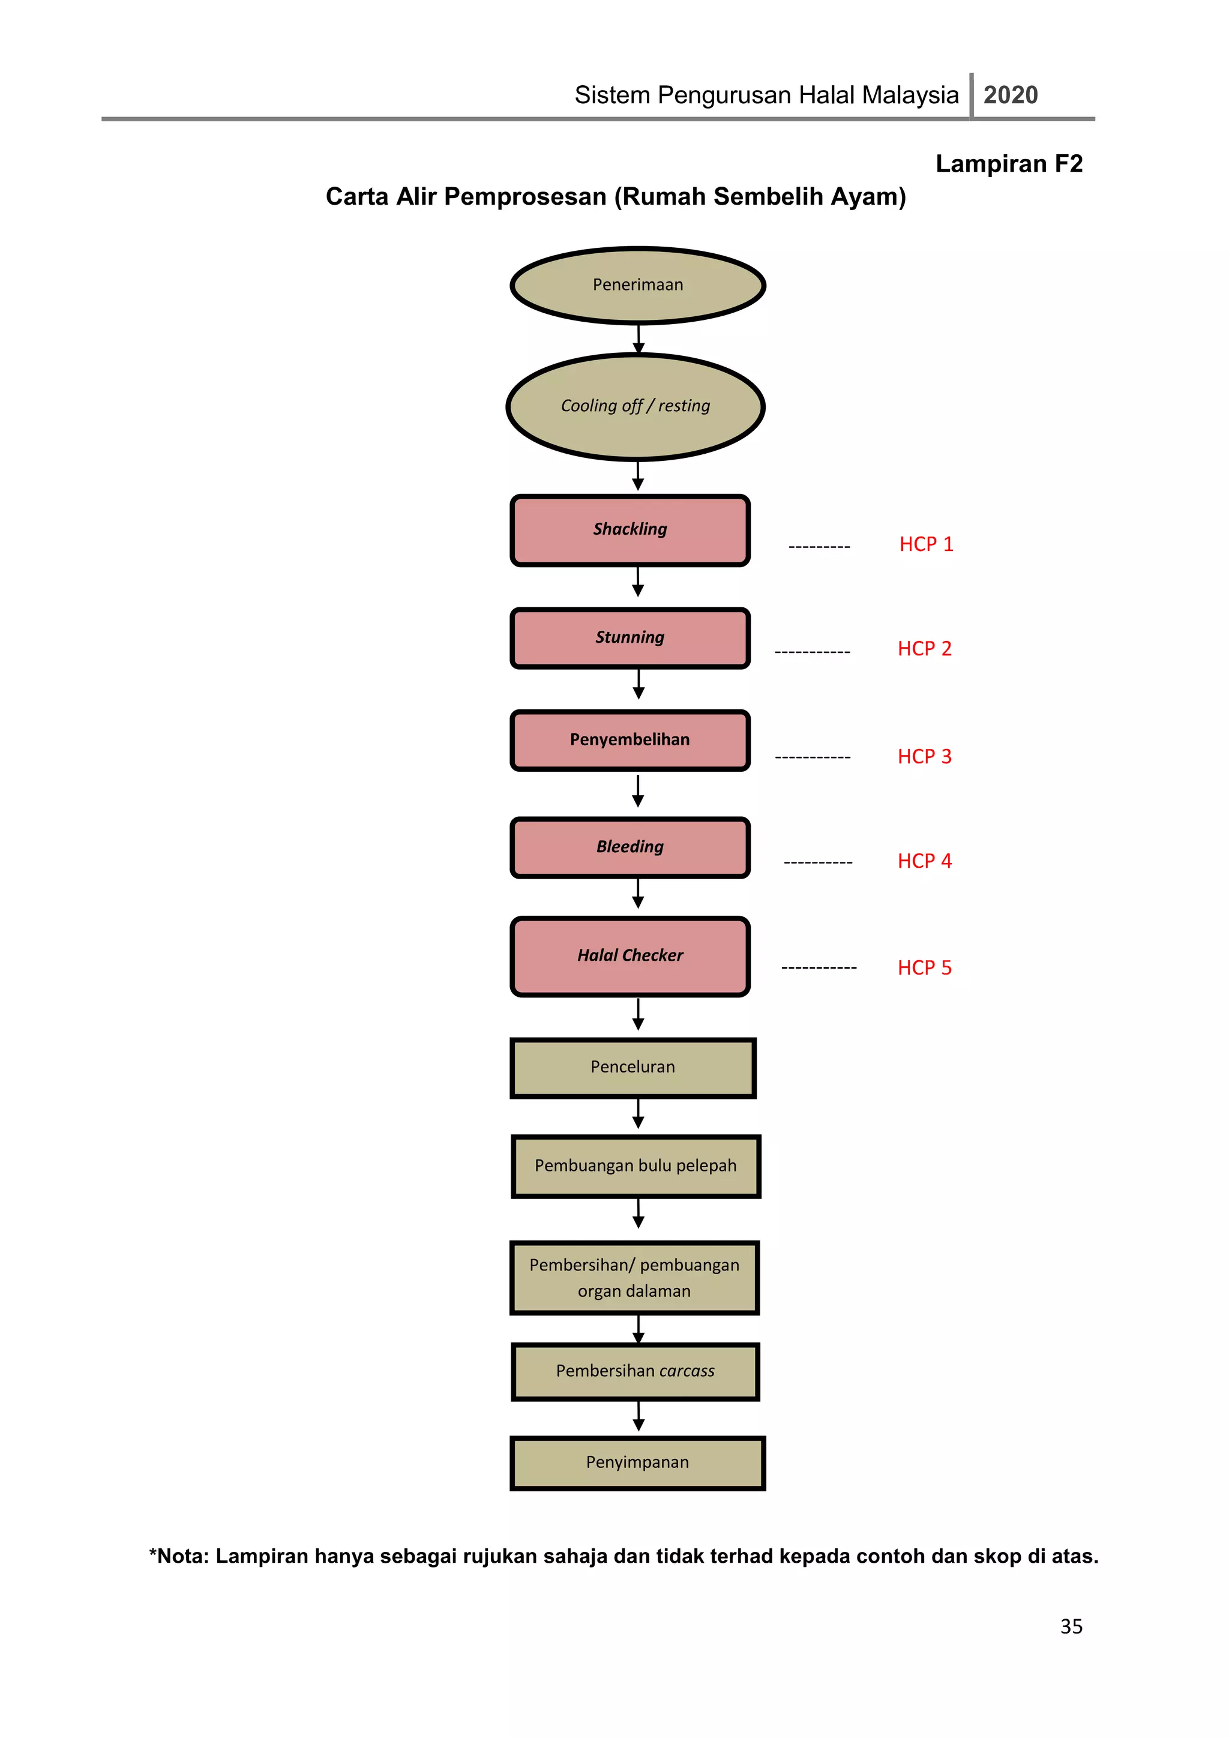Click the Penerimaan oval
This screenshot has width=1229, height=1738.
tap(638, 286)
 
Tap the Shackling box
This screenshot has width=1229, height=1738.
tap(630, 530)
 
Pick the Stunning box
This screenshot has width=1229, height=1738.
tap(630, 638)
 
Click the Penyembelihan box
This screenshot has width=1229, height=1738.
tap(630, 741)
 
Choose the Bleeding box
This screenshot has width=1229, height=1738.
tap(630, 848)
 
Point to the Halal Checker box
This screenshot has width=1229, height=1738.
tap(630, 957)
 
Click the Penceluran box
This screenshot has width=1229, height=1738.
tap(634, 1068)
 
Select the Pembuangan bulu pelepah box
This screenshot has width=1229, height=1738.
tap(636, 1167)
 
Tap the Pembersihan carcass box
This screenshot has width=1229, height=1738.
tap(636, 1372)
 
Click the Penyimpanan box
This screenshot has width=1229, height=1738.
tap(638, 1463)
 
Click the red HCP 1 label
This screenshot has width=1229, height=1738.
tap(927, 544)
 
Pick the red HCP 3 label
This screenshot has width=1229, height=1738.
tap(925, 756)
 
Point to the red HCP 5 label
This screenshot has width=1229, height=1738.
tap(925, 967)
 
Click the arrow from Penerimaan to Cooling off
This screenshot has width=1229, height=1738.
tap(639, 339)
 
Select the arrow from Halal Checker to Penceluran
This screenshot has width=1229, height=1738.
tap(638, 1014)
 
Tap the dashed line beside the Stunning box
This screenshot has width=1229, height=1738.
tap(813, 652)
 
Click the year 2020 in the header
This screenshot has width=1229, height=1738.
tap(1011, 95)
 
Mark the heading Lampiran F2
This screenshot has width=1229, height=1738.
tap(1009, 163)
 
